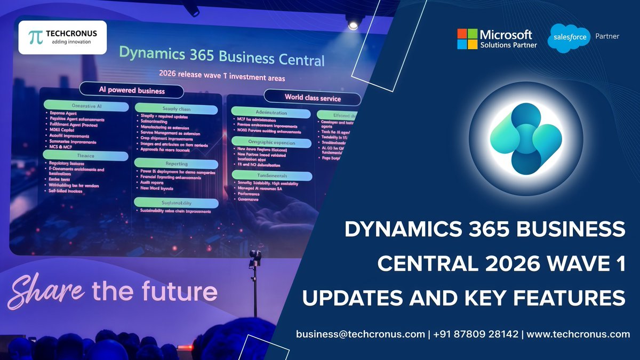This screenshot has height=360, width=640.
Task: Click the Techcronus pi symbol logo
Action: (x=35, y=37)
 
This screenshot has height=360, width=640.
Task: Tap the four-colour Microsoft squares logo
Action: (x=467, y=39)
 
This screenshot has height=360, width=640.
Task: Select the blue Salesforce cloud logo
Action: (x=569, y=38)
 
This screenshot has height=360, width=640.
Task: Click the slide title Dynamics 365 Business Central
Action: (x=221, y=55)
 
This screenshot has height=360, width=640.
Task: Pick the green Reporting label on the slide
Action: (x=176, y=163)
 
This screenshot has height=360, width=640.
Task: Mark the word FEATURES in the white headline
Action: (x=573, y=297)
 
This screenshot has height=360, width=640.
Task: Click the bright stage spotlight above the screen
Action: (x=353, y=25)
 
